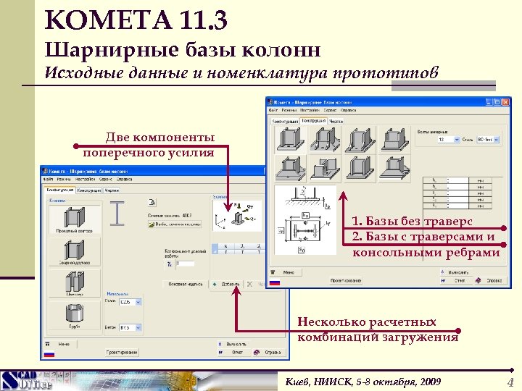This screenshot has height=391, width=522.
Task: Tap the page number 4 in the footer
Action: pos(510,382)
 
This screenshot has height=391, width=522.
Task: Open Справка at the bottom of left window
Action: pos(270,352)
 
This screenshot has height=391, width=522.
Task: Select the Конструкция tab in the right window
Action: pos(313,121)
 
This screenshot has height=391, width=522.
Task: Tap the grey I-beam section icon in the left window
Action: pos(117,213)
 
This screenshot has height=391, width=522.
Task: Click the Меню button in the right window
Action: pos(288,272)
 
